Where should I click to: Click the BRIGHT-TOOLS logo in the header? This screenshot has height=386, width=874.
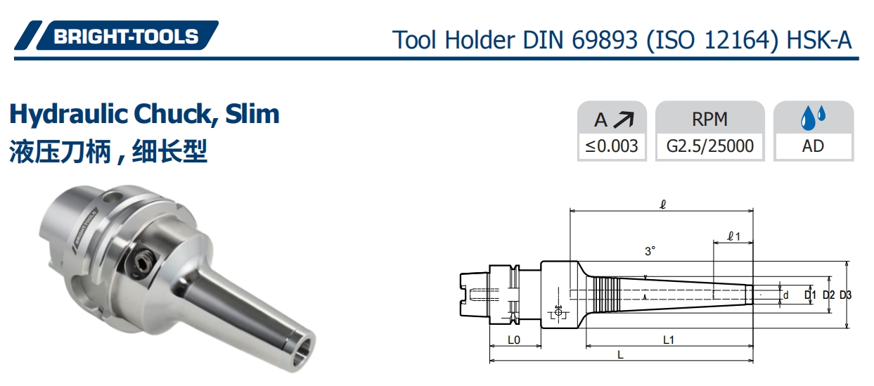point(117,37)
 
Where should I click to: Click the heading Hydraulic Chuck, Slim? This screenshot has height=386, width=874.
point(144,114)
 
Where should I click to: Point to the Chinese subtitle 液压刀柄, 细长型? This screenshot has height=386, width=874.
point(108,150)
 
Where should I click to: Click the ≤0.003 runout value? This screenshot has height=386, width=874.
point(612,146)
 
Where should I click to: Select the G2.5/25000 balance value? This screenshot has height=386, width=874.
point(709,146)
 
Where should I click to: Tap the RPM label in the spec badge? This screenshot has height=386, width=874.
point(709,120)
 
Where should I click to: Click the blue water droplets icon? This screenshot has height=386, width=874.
point(814,118)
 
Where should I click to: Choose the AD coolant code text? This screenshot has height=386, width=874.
point(813,146)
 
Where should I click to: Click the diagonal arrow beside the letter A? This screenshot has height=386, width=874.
point(623,120)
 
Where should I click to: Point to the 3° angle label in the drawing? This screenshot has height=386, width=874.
point(650,250)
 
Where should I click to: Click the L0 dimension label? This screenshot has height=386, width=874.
point(514,340)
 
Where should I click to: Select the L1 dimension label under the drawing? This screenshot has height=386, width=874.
point(669,340)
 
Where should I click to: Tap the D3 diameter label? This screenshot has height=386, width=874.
point(845,295)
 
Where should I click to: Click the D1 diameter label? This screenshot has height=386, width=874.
point(810,295)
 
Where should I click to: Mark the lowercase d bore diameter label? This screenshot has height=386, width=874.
point(785,295)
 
